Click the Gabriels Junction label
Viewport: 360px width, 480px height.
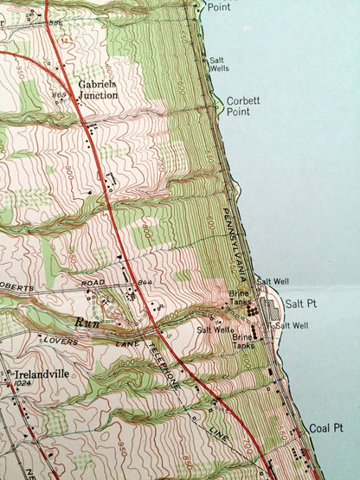(x=99, y=90)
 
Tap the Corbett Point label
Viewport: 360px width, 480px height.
(x=242, y=106)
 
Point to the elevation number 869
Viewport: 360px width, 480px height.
(x=60, y=94)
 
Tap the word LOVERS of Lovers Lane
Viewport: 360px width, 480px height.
(x=62, y=342)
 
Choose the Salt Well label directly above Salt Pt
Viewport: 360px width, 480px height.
(x=270, y=282)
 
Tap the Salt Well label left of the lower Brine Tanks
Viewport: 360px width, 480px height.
(x=213, y=330)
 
